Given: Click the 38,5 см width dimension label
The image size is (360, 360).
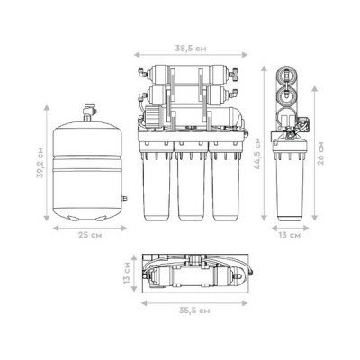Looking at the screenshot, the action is click(191, 49).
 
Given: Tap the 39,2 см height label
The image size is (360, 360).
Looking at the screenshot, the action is click(40, 163).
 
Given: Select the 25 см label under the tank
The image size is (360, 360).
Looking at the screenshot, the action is click(90, 235).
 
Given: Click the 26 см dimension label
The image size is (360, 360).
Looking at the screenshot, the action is click(320, 153).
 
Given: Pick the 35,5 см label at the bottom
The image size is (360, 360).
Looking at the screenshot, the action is click(194, 310).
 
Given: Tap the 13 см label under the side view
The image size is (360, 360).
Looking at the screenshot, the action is click(290, 235).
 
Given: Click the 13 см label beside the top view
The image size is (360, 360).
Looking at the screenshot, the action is click(127, 273).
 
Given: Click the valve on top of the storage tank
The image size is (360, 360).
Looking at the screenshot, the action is click(89, 112).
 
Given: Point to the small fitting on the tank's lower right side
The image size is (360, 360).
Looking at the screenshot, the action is click(124, 198).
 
